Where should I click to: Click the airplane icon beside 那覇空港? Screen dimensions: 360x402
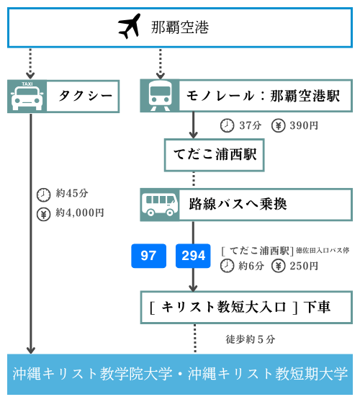[130, 26]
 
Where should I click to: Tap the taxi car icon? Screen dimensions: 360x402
[27, 97]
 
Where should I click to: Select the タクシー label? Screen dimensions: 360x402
[86, 96]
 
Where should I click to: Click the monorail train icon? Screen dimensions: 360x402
[160, 96]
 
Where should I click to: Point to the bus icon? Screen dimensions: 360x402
[160, 205]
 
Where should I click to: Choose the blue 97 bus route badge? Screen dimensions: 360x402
[148, 256]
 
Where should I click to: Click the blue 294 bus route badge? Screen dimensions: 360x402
[193, 256]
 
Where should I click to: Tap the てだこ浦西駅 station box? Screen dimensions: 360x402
[215, 155]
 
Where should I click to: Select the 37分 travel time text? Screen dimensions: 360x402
[251, 125]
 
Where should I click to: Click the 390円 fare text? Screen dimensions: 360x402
[304, 125]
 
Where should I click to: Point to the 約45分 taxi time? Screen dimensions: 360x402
[72, 193]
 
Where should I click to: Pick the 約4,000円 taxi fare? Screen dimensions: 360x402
[80, 213]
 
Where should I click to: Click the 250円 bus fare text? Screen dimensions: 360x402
[304, 266]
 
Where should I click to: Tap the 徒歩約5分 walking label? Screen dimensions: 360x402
[251, 339]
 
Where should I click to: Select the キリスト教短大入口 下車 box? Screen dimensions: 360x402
[246, 307]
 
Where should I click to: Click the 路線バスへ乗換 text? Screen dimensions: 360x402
[238, 205]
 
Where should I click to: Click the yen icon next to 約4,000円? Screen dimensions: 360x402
[43, 214]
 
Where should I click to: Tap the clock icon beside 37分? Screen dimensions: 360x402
[227, 125]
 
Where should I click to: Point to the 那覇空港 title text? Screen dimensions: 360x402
[180, 27]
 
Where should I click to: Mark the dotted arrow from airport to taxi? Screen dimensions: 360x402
[30, 63]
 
